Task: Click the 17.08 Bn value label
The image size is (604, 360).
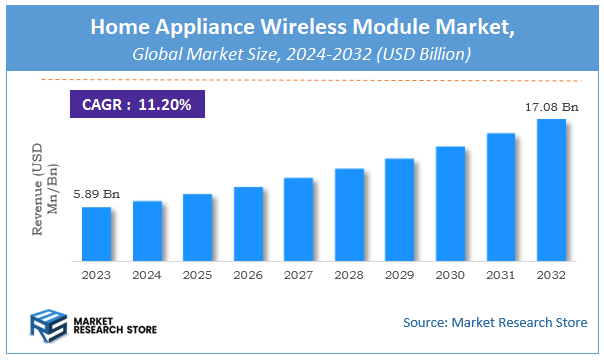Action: pos(551,106)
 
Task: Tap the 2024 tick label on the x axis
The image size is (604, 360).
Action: pos(147,274)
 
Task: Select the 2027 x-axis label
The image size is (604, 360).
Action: pos(298,274)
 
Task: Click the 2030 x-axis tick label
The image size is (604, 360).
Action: pos(450,274)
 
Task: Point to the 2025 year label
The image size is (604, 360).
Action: pos(197,274)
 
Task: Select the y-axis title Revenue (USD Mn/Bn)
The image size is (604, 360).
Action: pos(45,190)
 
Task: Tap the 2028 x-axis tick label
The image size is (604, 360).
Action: pos(349,274)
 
